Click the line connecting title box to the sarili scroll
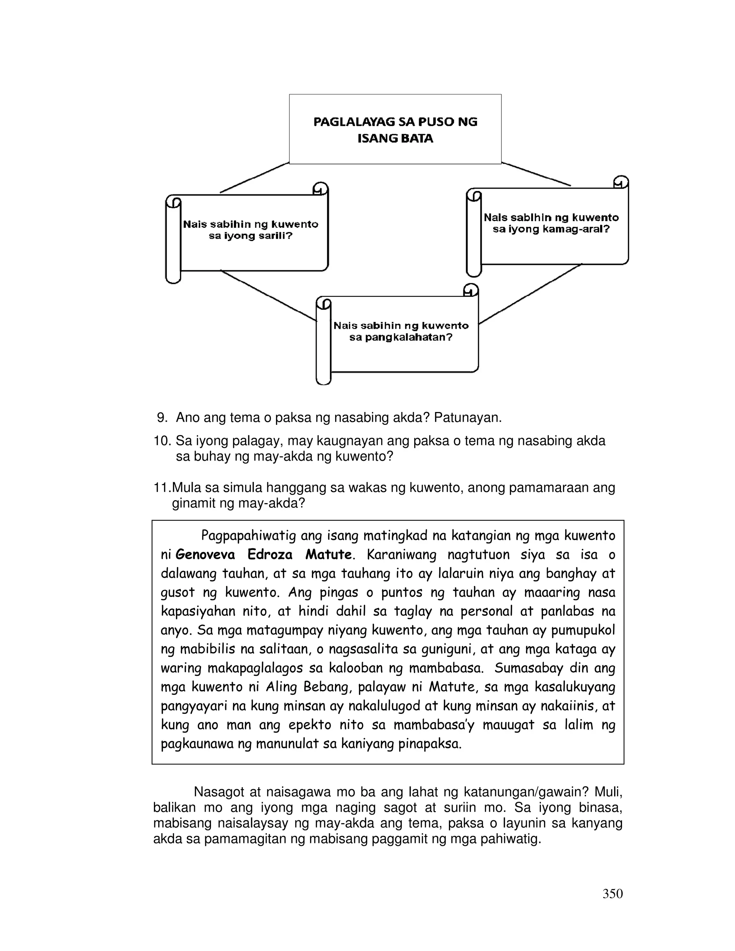pos(254,178)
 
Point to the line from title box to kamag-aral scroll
pos(537,174)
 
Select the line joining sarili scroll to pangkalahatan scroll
pos(268,296)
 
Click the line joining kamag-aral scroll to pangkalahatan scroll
pos(530,294)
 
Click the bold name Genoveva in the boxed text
pos(205,555)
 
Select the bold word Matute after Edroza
pos(329,555)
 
